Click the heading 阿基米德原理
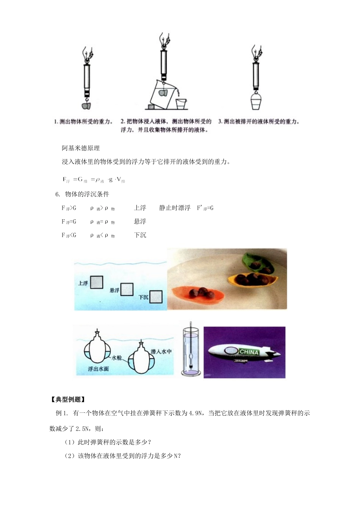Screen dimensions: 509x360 tap(81, 148)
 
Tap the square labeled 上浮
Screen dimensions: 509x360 tap(97, 282)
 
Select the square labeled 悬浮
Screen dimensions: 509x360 tap(127, 289)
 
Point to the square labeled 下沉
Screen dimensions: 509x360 tap(156, 297)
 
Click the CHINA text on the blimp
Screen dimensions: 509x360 tap(249, 352)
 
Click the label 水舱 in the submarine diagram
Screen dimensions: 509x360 tap(116, 358)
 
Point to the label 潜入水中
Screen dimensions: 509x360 tap(161, 351)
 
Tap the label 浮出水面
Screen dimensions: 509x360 tap(98, 368)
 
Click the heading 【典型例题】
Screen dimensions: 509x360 tap(67, 400)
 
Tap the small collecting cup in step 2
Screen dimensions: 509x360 tap(182, 103)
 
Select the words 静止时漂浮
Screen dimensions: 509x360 tap(175, 208)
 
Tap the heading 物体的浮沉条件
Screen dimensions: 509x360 tap(87, 194)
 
